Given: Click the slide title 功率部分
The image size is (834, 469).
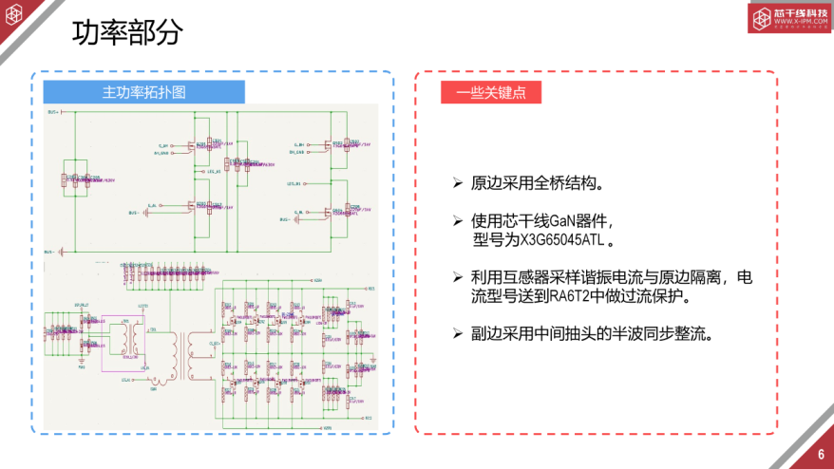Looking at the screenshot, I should click(127, 33).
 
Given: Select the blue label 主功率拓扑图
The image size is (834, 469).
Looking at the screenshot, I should click(144, 92).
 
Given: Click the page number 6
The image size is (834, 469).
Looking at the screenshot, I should click(820, 453).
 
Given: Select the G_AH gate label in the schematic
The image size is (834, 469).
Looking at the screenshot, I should click(164, 145).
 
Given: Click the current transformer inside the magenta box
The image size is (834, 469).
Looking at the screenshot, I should click(121, 337).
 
